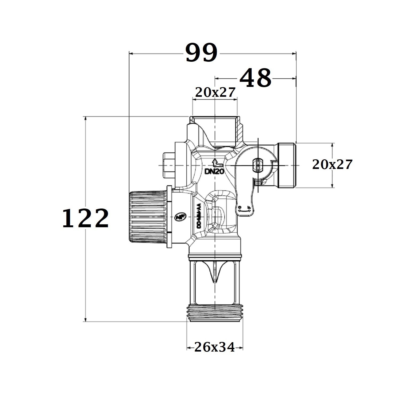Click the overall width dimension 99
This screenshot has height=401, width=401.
pos(202,53)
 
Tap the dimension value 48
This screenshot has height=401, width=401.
pos(256,78)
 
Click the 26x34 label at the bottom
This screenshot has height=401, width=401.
pos(215,348)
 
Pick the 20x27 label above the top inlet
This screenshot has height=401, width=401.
pos(215,92)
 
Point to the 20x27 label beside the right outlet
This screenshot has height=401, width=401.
pos(332,165)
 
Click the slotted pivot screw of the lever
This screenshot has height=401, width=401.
pos(258,165)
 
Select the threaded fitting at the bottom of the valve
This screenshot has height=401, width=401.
pos(215,313)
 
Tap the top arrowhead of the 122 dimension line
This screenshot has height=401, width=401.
pos(86,118)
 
